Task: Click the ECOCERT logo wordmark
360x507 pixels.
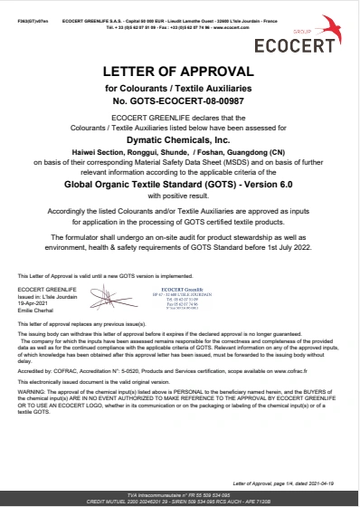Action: coord(311,44)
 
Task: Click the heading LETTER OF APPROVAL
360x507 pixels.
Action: coord(179,71)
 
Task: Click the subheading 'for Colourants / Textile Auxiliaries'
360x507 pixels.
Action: coord(179,87)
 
